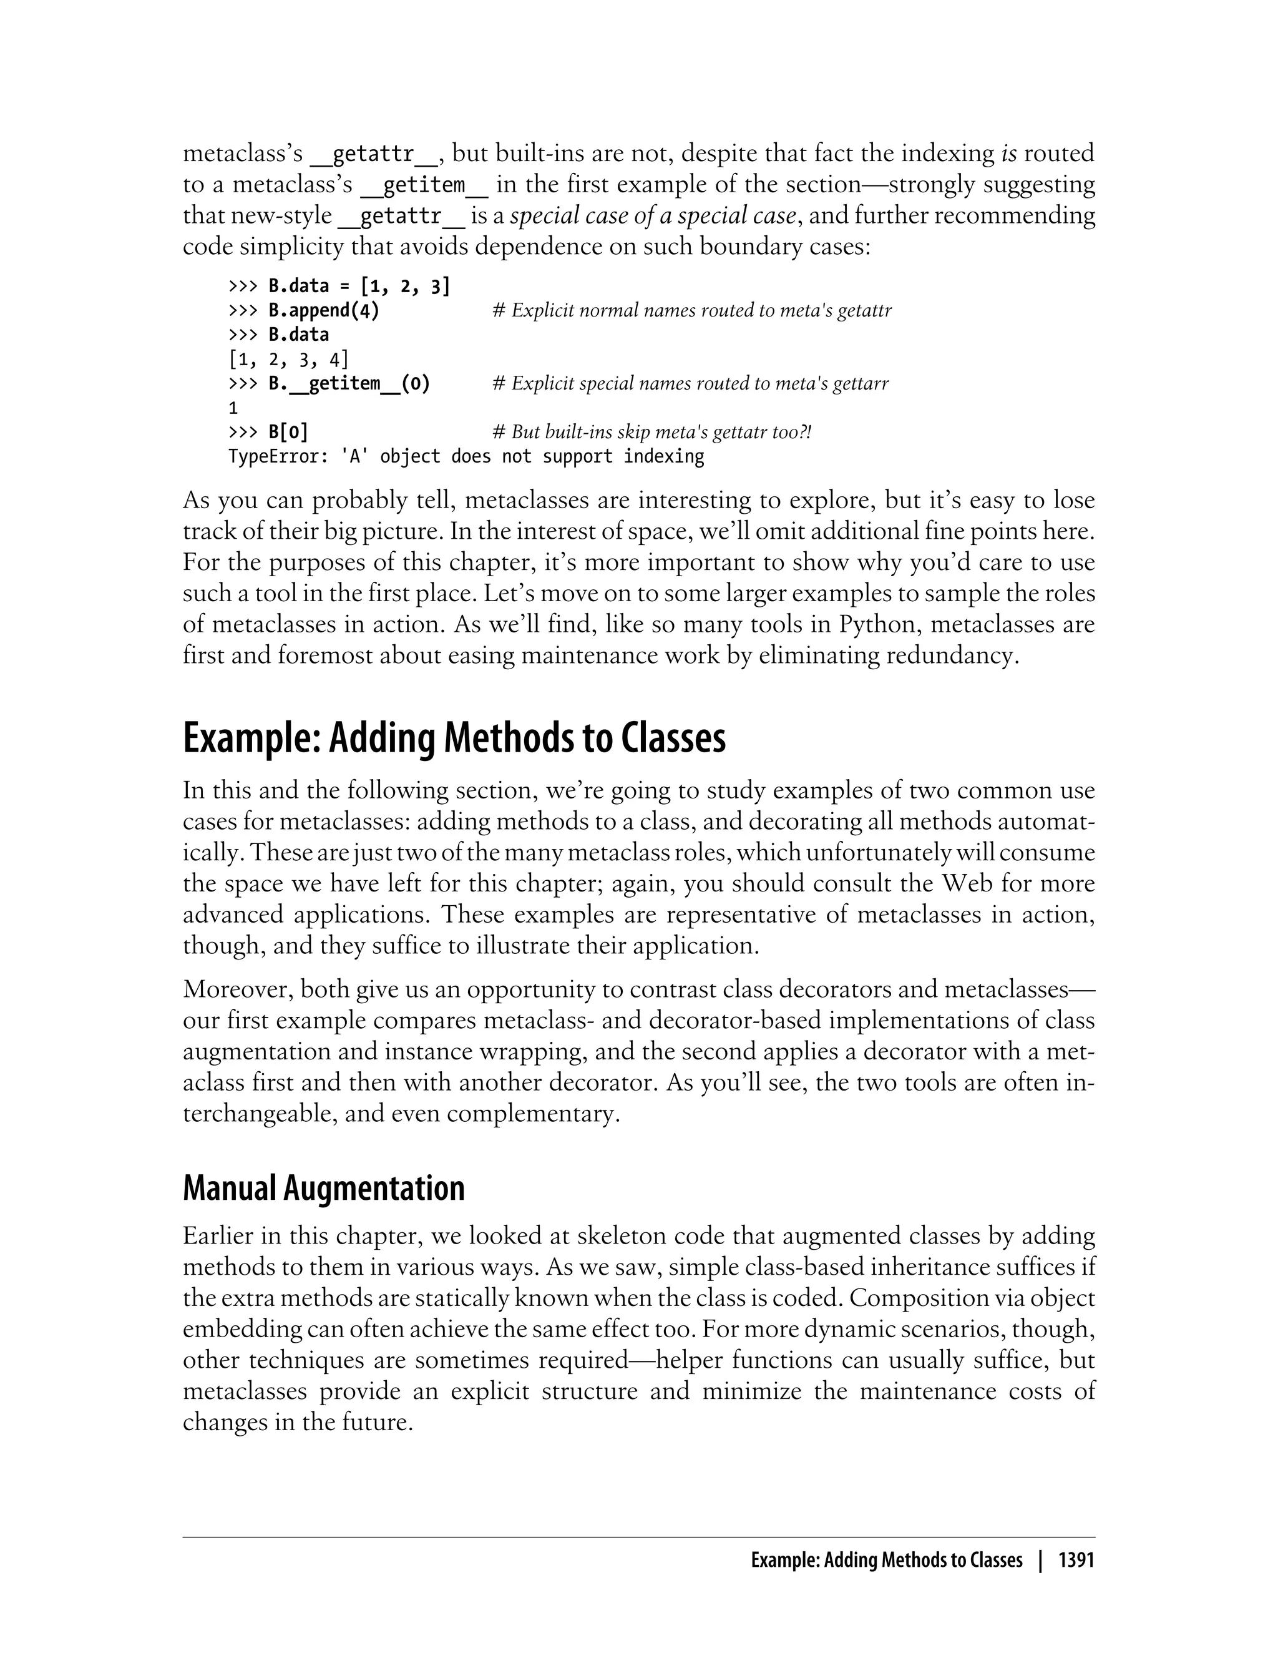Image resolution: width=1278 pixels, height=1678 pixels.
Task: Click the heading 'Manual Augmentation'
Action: [x=323, y=1188]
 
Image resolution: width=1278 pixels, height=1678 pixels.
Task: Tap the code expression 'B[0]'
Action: [x=288, y=432]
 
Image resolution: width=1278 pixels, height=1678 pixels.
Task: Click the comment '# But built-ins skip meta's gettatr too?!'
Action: [x=652, y=432]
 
